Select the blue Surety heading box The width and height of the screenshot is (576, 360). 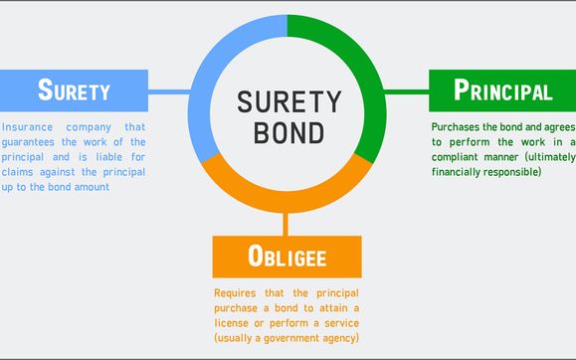click(x=74, y=90)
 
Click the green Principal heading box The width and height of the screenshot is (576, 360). click(x=502, y=90)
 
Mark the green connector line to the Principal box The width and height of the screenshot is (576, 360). click(x=406, y=91)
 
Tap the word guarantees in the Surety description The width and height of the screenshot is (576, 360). click(x=36, y=143)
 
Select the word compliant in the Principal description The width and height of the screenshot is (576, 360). click(x=462, y=157)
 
